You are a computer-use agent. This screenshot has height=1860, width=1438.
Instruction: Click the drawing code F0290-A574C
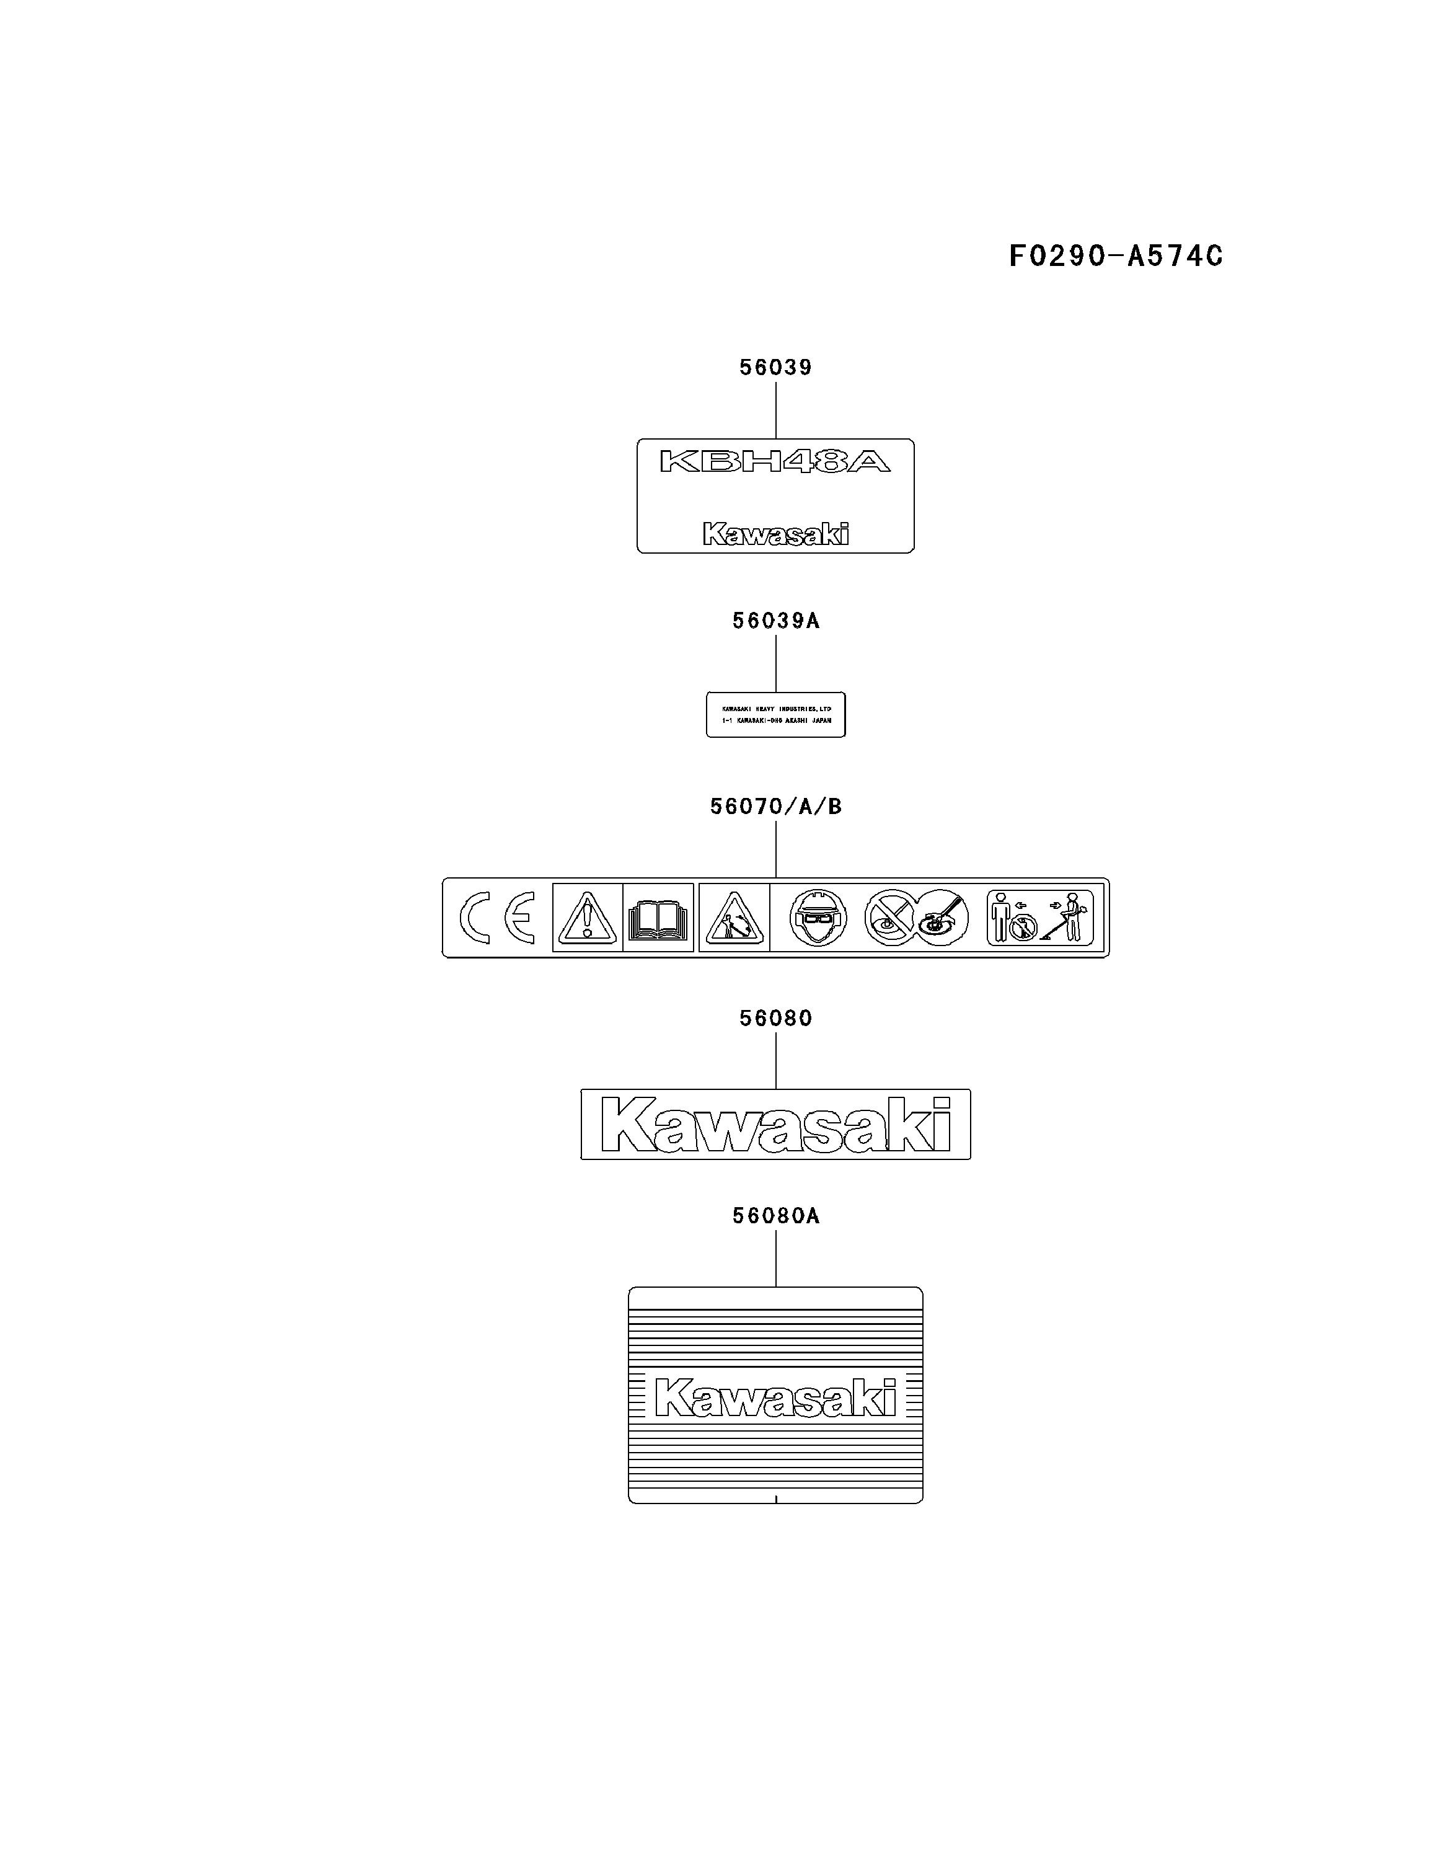click(1115, 255)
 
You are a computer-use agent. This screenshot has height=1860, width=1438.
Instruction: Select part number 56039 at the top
click(775, 367)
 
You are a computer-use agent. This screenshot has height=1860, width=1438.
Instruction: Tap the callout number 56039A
click(775, 621)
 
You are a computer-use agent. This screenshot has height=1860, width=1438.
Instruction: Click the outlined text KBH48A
click(775, 462)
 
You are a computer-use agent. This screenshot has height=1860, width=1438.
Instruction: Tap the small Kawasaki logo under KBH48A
click(775, 534)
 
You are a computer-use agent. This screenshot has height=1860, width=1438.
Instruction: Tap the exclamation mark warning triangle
click(586, 917)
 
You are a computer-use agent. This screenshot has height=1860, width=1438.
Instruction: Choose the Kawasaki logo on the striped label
click(775, 1398)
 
